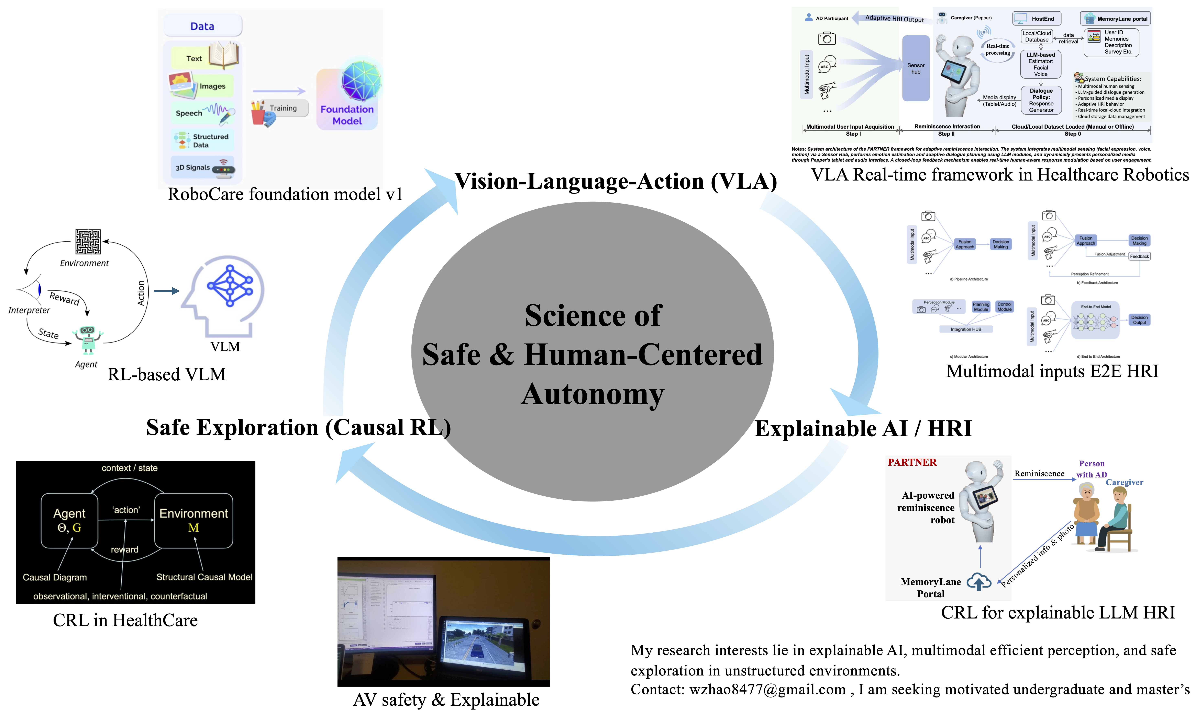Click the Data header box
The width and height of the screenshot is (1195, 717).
pos(202,26)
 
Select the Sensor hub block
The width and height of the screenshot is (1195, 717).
pos(916,68)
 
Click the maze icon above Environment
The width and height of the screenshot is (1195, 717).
pos(88,242)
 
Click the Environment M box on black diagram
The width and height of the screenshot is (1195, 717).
pos(193,520)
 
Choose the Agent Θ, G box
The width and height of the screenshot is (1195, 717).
pos(69,520)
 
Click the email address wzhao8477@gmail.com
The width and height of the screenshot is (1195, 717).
pos(767,690)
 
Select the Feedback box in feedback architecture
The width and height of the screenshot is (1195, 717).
pos(1139,257)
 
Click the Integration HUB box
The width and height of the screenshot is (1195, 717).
pos(966,329)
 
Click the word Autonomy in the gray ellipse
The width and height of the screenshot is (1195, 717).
pos(593,394)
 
